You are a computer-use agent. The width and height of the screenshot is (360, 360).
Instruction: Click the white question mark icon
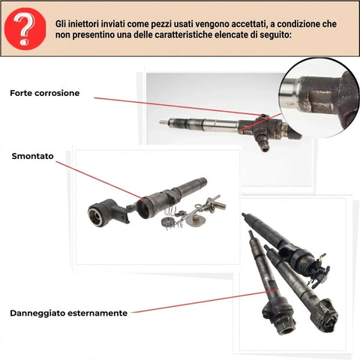25,28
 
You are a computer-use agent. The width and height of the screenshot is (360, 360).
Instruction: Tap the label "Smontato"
32,156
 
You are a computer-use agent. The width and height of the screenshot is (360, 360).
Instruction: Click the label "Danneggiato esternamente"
68,312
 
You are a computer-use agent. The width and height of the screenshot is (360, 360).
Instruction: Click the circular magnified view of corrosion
318,102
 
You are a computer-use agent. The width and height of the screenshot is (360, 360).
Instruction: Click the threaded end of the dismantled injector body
199,184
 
